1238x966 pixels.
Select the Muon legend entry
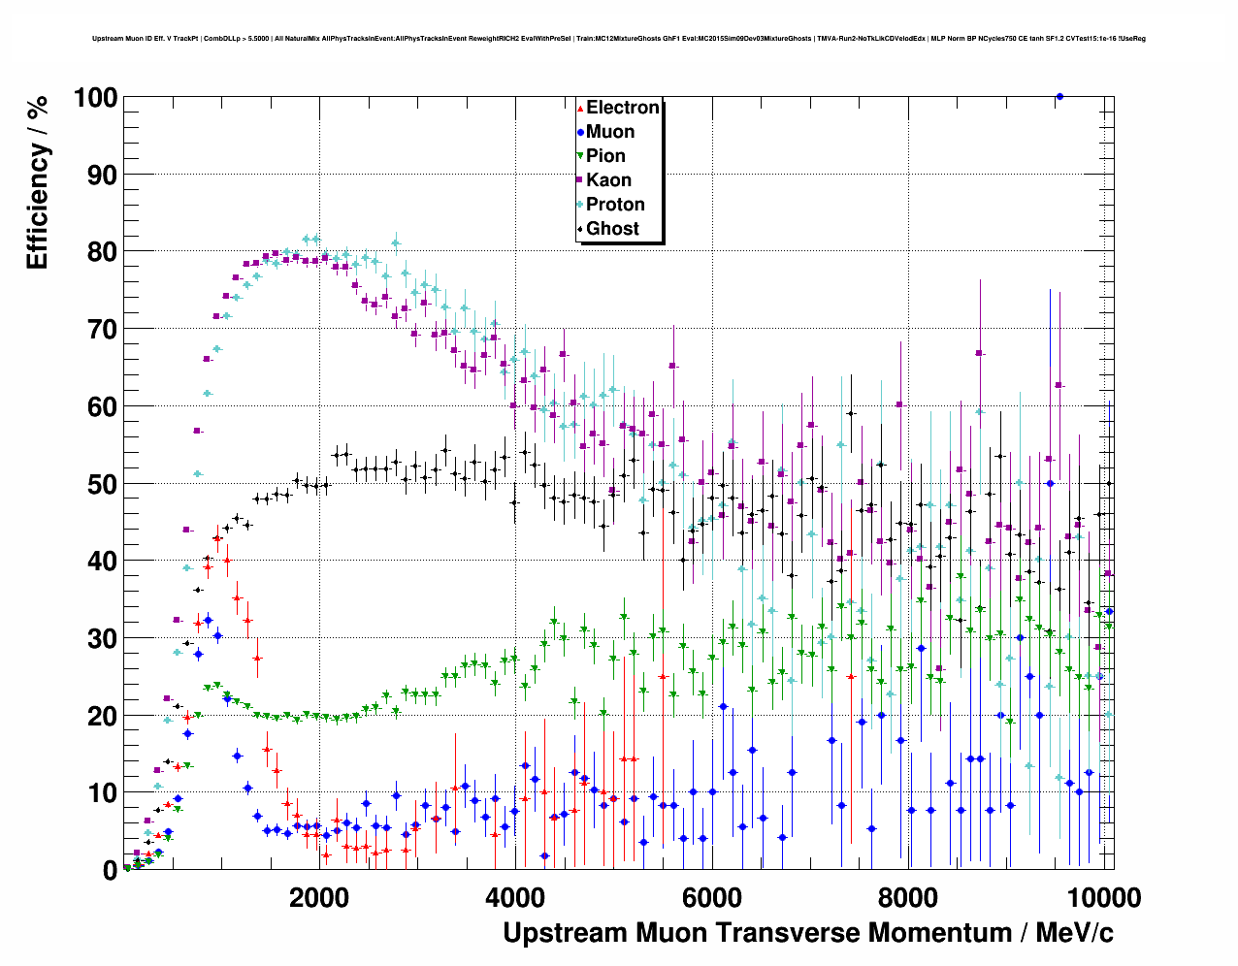pos(610,132)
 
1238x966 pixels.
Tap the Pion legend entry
pos(605,156)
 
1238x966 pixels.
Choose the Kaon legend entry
pos(608,180)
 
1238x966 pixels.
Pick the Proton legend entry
pos(615,205)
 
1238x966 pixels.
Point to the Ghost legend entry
pos(612,229)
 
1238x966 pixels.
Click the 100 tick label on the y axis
pos(95,98)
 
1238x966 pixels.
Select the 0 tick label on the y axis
pos(110,871)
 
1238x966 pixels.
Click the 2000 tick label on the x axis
pos(319,898)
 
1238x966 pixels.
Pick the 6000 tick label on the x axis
pos(711,898)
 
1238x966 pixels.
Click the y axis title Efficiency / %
pos(37,182)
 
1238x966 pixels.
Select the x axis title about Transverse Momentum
pos(807,933)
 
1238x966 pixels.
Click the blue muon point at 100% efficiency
pos(1059,97)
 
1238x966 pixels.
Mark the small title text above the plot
pos(619,39)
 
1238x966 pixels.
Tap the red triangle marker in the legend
pos(580,108)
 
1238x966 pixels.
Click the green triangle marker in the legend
pos(580,156)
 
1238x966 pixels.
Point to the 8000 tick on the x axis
pos(907,898)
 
